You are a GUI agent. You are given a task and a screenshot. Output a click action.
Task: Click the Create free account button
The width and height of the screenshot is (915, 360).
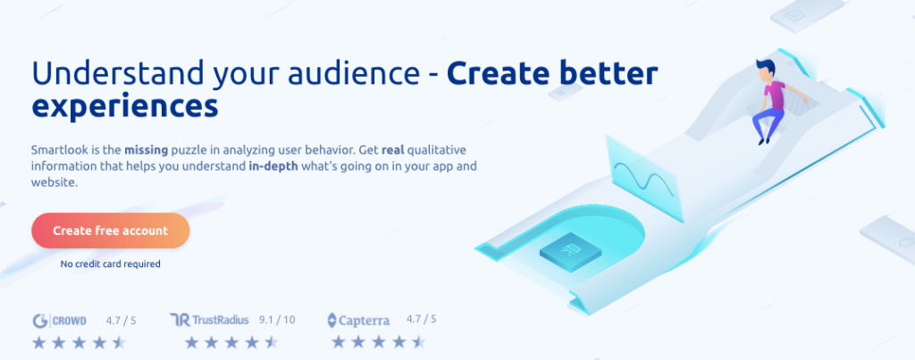coord(110,230)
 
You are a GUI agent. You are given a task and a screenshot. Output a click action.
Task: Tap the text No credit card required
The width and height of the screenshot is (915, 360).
coord(110,264)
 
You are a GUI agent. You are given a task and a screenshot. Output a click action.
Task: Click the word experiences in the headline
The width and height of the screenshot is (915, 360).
coord(125,107)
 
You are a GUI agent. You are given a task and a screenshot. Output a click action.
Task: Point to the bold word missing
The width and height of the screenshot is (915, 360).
coord(146,150)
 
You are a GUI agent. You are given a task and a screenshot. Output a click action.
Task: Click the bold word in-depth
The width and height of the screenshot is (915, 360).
coord(273,166)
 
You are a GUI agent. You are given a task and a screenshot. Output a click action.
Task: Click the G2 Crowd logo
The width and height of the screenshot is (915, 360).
coord(60,321)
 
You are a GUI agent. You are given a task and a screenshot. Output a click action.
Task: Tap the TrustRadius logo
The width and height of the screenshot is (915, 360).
coord(209,320)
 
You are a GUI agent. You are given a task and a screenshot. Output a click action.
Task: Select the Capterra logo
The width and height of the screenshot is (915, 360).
coord(358,321)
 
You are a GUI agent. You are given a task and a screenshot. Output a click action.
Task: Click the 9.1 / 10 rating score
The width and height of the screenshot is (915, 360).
coord(277,320)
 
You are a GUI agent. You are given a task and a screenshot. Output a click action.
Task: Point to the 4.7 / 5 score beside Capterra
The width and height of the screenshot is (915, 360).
coord(422,319)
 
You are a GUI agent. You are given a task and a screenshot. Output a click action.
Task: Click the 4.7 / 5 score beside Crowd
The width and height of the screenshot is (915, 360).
coord(122,320)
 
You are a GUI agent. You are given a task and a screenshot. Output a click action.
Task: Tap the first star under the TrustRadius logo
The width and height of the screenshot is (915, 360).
coord(192,342)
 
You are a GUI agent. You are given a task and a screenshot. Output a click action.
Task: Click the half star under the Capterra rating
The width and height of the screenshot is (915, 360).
coord(418,342)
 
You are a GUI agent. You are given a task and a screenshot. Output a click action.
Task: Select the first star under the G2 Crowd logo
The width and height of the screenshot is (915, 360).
coord(39,342)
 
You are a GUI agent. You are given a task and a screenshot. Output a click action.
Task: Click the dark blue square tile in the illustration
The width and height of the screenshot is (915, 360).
coord(570,251)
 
